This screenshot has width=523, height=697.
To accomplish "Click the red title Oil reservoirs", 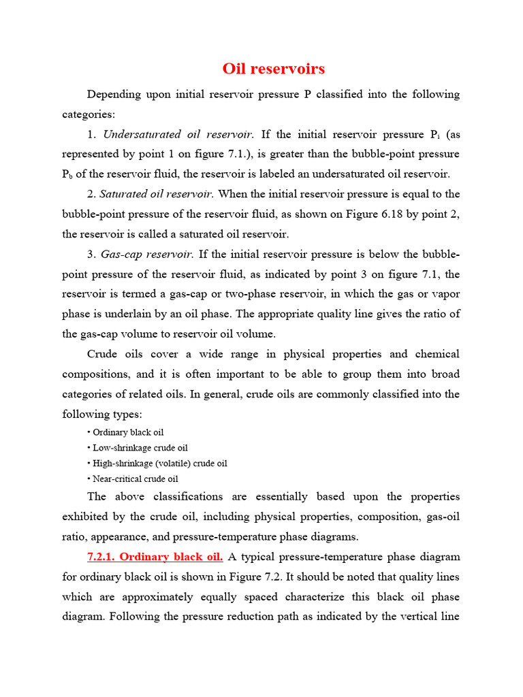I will [274, 69].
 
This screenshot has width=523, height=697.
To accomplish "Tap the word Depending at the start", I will [114, 94].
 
